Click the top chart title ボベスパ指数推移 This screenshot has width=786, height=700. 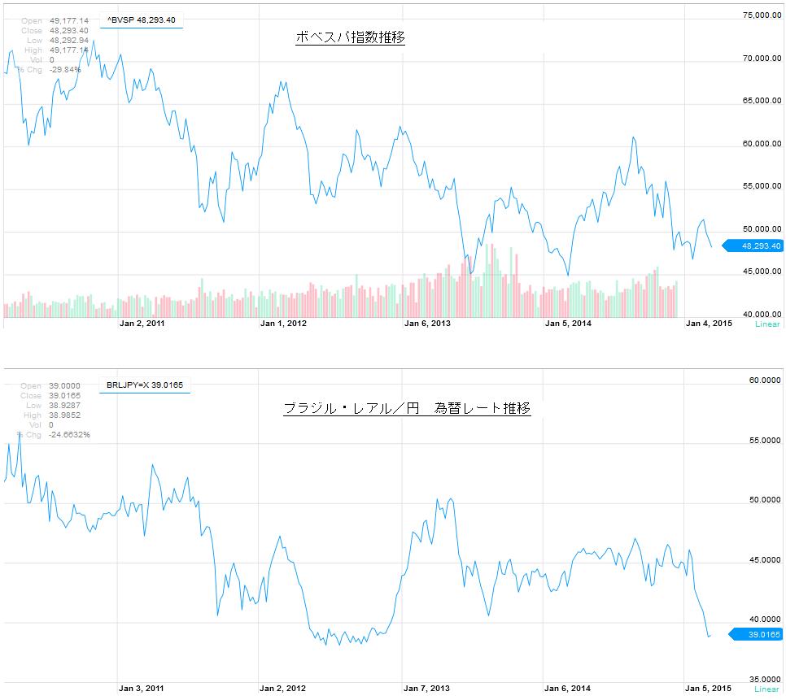point(349,37)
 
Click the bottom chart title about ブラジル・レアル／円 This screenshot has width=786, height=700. point(407,408)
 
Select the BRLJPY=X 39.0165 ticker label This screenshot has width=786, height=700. point(145,385)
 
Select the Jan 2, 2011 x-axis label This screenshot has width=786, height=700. point(142,324)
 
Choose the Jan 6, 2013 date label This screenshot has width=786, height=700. point(427,324)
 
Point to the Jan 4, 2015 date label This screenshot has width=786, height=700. point(709,324)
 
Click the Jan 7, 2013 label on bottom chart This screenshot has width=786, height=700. point(426,689)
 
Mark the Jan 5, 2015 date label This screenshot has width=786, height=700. point(709,689)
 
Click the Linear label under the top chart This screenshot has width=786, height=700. point(767,324)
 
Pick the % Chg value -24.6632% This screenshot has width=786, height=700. point(69,434)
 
